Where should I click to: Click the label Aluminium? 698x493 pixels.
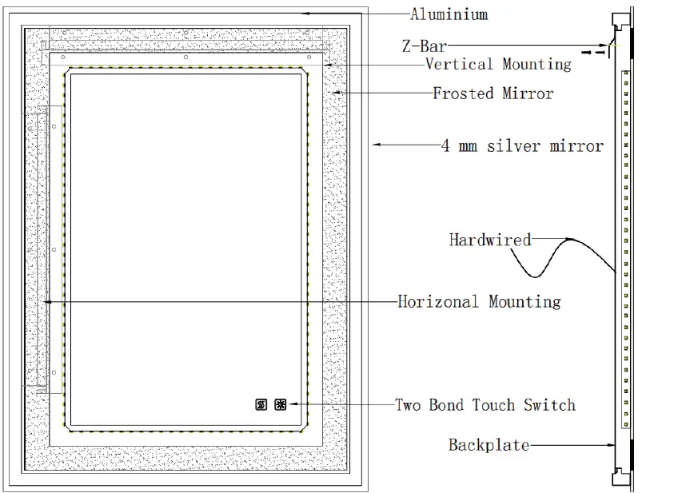pyautogui.click(x=449, y=14)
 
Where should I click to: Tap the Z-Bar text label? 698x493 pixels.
pyautogui.click(x=424, y=47)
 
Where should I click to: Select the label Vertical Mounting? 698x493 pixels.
pyautogui.click(x=498, y=64)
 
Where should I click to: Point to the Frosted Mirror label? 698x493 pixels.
pyautogui.click(x=493, y=93)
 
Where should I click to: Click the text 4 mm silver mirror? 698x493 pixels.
pyautogui.click(x=522, y=145)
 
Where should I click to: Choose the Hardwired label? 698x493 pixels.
pyautogui.click(x=489, y=240)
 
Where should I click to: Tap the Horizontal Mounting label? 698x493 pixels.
pyautogui.click(x=479, y=301)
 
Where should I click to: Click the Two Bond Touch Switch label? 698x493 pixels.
pyautogui.click(x=485, y=404)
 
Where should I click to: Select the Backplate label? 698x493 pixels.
pyautogui.click(x=488, y=444)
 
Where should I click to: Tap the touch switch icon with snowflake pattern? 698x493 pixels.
pyautogui.click(x=281, y=405)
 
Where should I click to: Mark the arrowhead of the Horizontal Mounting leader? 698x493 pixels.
pyautogui.click(x=48, y=301)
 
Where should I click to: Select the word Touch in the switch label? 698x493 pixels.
pyautogui.click(x=497, y=404)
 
